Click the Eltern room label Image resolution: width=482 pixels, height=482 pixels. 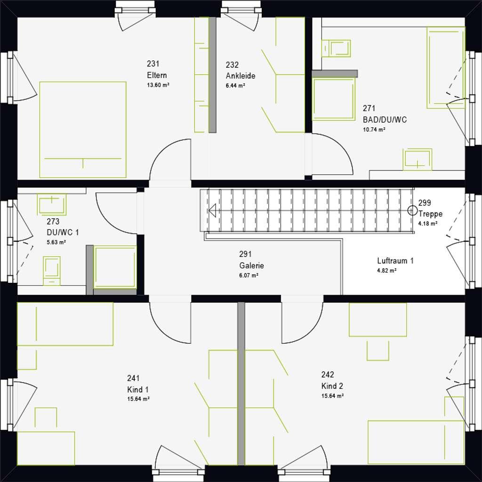click(157, 75)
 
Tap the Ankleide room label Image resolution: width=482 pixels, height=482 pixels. click(241, 76)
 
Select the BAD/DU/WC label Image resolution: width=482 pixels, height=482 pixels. click(385, 120)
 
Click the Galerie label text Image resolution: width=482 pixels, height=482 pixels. click(251, 265)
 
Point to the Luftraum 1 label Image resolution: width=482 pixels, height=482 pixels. click(395, 261)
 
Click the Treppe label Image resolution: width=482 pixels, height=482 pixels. click(430, 214)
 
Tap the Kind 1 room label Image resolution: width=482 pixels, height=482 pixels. click(138, 390)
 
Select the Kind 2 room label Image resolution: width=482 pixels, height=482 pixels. click(332, 386)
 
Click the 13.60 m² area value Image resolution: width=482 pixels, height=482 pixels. click(158, 85)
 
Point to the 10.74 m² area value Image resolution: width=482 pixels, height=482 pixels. click(374, 129)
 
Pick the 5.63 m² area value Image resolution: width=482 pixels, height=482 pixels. click(56, 242)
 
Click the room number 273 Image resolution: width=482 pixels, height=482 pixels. click(53, 221)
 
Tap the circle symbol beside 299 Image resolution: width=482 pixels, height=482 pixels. click(412, 209)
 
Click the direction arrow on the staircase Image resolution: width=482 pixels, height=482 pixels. click(212, 210)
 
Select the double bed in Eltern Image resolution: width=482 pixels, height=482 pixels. click(83, 129)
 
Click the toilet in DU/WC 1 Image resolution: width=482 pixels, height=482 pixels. click(52, 270)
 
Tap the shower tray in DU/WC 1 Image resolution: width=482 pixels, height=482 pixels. click(115, 267)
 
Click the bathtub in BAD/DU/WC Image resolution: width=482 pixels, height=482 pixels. click(445, 67)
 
